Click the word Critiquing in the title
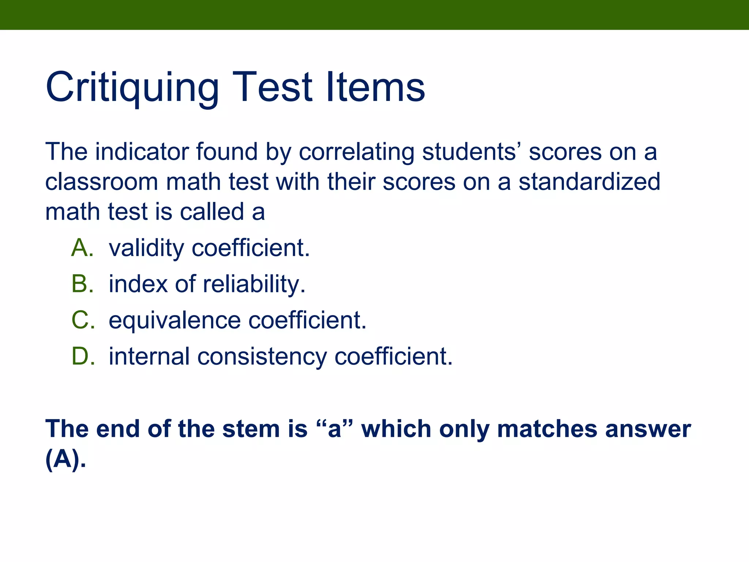coord(132,88)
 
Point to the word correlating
coord(357,152)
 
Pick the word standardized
coord(589,182)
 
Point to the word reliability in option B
coord(254,284)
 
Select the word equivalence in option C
coord(174,321)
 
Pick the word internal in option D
coord(149,356)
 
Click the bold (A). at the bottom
coord(65,459)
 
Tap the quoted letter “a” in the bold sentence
coord(334,429)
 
